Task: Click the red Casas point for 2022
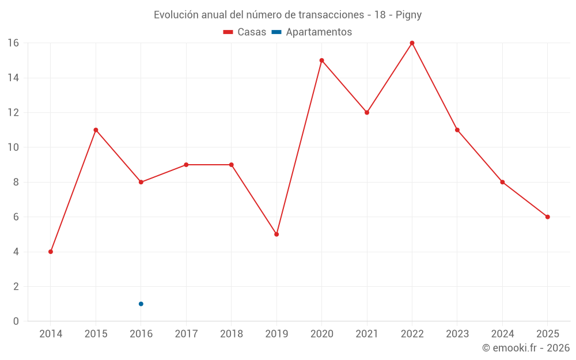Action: [x=412, y=43]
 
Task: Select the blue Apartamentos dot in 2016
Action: [x=141, y=304]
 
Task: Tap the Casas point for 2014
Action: [x=51, y=252]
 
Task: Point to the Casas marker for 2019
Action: [x=276, y=234]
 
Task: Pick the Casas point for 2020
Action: [x=321, y=60]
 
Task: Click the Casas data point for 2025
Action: [x=547, y=217]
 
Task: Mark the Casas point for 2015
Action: [x=96, y=130]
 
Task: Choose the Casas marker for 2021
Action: [x=367, y=112]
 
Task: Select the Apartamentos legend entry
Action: [x=319, y=32]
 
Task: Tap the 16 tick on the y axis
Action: [x=13, y=43]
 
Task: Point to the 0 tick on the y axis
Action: [x=16, y=321]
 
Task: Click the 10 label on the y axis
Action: [x=13, y=147]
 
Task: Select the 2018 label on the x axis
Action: [x=232, y=334]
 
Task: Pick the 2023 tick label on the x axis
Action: [x=457, y=334]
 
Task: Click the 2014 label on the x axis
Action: [x=51, y=334]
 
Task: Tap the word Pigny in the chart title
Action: [x=408, y=15]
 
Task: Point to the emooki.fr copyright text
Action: [x=526, y=348]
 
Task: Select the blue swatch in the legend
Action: [x=276, y=32]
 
